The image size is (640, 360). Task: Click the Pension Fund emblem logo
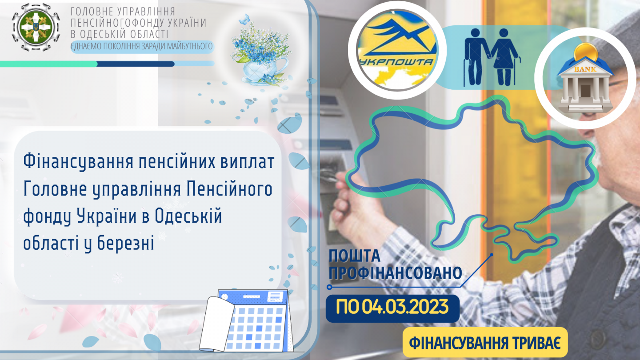click(36, 28)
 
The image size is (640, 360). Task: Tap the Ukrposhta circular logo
click(397, 50)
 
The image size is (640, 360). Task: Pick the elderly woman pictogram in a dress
click(504, 57)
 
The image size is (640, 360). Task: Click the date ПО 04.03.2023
click(392, 308)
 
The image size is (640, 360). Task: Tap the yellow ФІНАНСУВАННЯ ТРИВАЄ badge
click(485, 342)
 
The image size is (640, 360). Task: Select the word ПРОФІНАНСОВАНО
click(396, 273)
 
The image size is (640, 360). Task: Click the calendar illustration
click(246, 320)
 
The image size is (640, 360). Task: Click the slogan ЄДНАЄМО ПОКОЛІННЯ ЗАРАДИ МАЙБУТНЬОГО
click(142, 46)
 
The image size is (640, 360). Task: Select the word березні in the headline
click(125, 244)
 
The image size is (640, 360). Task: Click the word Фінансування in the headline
click(78, 162)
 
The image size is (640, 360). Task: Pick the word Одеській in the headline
click(188, 216)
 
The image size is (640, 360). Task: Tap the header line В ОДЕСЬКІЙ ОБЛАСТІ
click(120, 34)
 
